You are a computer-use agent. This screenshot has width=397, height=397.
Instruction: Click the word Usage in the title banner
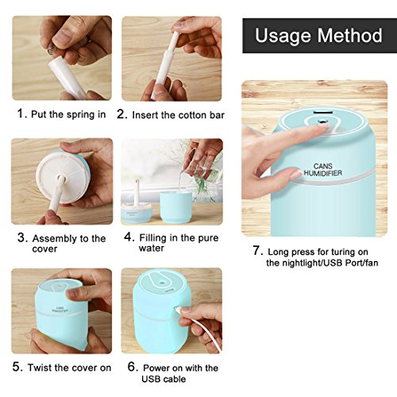click(x=283, y=36)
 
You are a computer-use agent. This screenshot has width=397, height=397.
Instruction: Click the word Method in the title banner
click(x=349, y=36)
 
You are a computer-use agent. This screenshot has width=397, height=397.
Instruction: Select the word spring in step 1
click(x=80, y=115)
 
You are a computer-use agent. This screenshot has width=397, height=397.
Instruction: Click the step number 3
click(x=22, y=237)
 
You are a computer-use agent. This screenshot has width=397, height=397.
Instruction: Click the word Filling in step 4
click(x=153, y=238)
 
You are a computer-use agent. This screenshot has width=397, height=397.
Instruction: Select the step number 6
click(x=133, y=367)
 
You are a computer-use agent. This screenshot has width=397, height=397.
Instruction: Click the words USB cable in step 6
click(x=164, y=379)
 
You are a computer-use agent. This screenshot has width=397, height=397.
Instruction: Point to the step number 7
click(x=258, y=250)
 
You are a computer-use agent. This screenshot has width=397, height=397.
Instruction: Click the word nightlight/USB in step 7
click(x=313, y=263)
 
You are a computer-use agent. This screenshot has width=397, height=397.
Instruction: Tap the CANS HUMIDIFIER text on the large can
click(x=323, y=170)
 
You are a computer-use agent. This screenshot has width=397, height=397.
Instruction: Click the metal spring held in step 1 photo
click(x=52, y=50)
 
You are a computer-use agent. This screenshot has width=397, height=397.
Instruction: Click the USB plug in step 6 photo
click(x=177, y=310)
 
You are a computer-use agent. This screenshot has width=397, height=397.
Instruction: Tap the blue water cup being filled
click(x=175, y=207)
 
